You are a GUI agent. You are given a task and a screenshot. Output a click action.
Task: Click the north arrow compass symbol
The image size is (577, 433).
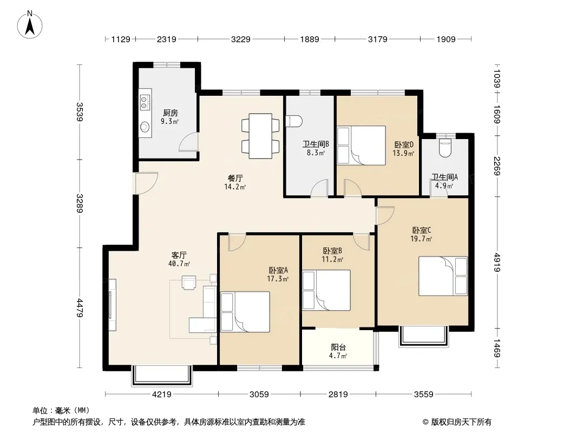pyautogui.click(x=30, y=24)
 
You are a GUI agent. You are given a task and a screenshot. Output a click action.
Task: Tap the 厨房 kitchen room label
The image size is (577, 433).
pyautogui.click(x=171, y=113)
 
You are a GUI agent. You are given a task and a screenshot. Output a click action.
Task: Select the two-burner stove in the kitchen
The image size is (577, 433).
pyautogui.click(x=146, y=102)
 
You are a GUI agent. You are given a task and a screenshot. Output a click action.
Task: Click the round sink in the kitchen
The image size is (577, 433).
pyautogui.click(x=145, y=127)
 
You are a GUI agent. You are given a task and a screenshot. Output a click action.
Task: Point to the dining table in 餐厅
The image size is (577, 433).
pyautogui.click(x=260, y=136)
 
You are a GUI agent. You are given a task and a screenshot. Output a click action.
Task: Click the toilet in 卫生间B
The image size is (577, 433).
pyautogui.click(x=294, y=121)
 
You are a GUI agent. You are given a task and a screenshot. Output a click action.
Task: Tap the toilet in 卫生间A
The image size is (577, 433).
pyautogui.click(x=445, y=147)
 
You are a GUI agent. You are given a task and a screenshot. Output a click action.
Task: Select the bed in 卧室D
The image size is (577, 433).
pyautogui.click(x=362, y=145)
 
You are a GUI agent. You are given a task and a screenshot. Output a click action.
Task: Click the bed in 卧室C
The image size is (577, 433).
pyautogui.click(x=443, y=276)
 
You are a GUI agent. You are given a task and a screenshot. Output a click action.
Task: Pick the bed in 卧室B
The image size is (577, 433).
pyautogui.click(x=326, y=290)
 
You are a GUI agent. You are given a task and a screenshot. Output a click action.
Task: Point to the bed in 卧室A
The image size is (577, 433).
pyautogui.click(x=245, y=312)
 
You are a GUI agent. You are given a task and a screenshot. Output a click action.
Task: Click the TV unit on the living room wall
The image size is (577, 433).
pyautogui.click(x=112, y=305)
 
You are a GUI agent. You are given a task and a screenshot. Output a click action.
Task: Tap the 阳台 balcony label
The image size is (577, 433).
pyautogui.click(x=338, y=347)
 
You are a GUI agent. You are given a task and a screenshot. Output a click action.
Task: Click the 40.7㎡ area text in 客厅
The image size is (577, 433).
pyautogui.click(x=179, y=264)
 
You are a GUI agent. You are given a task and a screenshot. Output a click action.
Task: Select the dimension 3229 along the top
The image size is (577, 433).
pyautogui.click(x=241, y=39)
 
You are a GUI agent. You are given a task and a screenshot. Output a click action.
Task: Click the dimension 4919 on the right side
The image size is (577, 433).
pyautogui.click(x=497, y=263)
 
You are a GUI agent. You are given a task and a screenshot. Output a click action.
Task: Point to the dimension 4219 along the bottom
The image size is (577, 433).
pyautogui.click(x=161, y=395)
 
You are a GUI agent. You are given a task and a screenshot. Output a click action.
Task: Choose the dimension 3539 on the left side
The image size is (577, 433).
pyautogui.click(x=80, y=111)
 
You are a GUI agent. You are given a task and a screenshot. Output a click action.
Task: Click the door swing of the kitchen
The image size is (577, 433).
pyautogui.click(x=188, y=142)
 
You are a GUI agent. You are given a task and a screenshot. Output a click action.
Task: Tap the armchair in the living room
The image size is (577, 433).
pyautogui.click(x=189, y=283)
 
